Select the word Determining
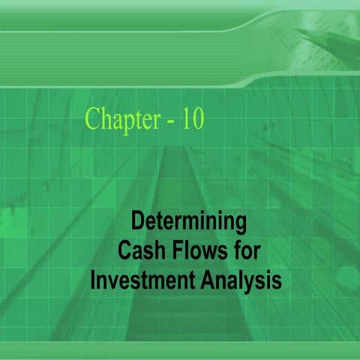pos(188,223)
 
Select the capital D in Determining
pos(137,222)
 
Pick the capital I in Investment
pos(94,280)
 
